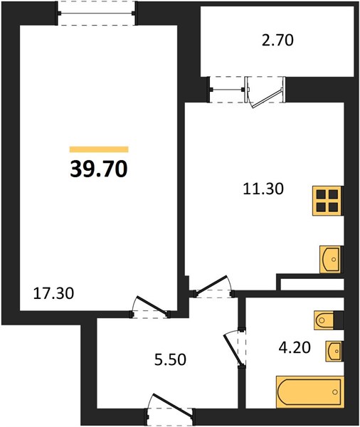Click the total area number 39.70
[99, 169]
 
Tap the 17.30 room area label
[53, 293]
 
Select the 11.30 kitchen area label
[263, 189]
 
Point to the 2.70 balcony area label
[277, 40]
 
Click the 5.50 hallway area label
[170, 359]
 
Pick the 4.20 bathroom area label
[295, 347]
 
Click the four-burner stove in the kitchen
[327, 201]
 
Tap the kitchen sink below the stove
[331, 260]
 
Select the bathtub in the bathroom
[310, 392]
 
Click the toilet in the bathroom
[324, 320]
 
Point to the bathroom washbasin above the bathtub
[334, 352]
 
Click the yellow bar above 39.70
[99, 149]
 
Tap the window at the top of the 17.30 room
[96, 13]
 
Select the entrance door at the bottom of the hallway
[171, 411]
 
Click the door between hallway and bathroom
[235, 348]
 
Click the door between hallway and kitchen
[213, 288]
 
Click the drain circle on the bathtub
[335, 392]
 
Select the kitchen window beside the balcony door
[227, 90]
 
